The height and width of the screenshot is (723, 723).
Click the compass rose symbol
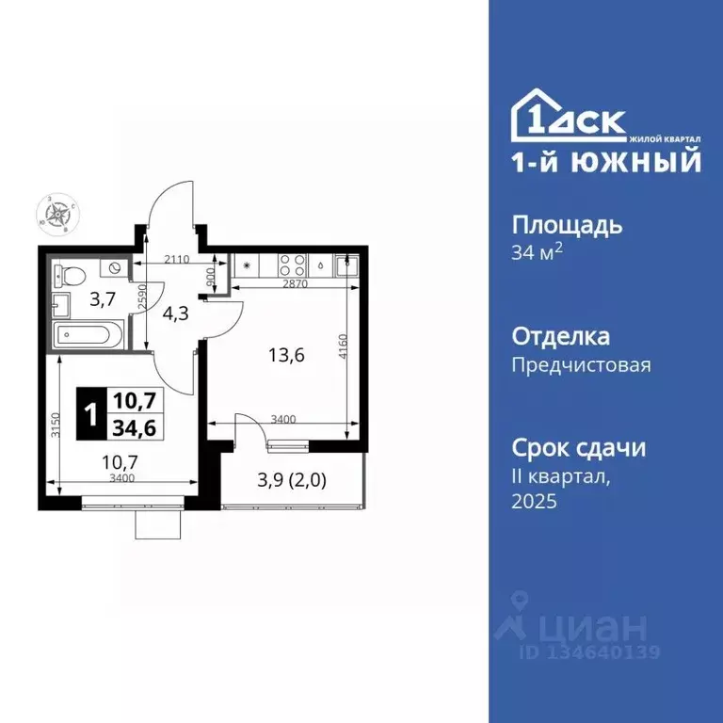click(x=58, y=214)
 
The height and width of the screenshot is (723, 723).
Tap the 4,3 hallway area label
click(x=176, y=313)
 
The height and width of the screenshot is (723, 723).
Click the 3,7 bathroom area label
click(x=103, y=300)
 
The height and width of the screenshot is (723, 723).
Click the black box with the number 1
click(x=89, y=414)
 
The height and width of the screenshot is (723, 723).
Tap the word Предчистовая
click(x=581, y=365)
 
